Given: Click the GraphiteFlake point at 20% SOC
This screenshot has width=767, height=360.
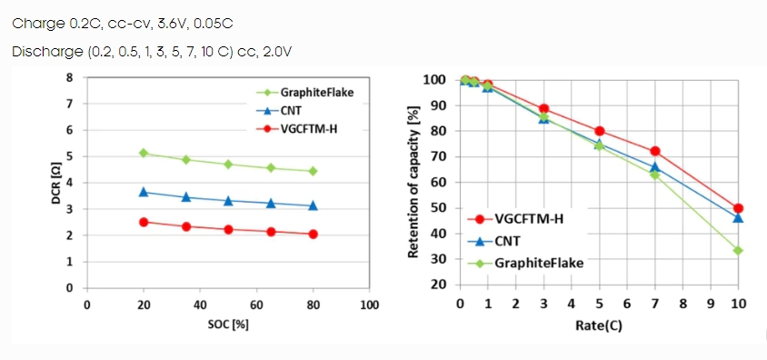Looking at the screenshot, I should coord(144,153).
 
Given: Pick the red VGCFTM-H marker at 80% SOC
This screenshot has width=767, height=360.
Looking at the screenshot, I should coord(313,234).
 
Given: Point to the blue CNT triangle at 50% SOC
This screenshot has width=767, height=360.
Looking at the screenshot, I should coord(228,201).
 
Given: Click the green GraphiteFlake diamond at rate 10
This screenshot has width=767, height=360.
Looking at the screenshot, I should coord(738,250).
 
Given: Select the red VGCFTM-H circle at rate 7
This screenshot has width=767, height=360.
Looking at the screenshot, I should coord(654,151).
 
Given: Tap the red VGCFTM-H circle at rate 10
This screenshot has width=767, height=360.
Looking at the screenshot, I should coord(738,208).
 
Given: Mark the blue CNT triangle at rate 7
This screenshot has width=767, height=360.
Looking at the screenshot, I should coord(654,166).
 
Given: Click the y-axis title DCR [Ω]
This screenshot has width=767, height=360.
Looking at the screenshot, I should coord(55,185).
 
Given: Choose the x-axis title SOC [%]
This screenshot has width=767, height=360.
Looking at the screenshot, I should coord(228,325).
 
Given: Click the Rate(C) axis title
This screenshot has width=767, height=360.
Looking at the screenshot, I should coord(599,325).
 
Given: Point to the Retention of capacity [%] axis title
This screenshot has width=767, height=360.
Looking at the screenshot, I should coord(414,182).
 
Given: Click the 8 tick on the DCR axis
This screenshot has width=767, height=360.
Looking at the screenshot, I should coord(69,77).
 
